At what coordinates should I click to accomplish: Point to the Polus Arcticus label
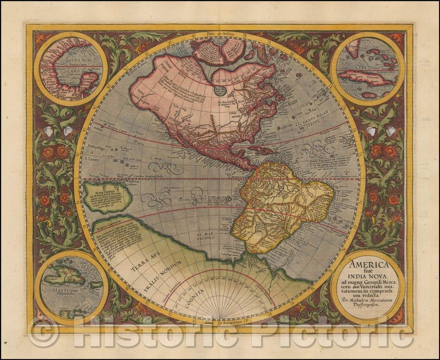pyautogui.click(x=220, y=35)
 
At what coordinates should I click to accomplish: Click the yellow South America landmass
pyautogui.click(x=277, y=204)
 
